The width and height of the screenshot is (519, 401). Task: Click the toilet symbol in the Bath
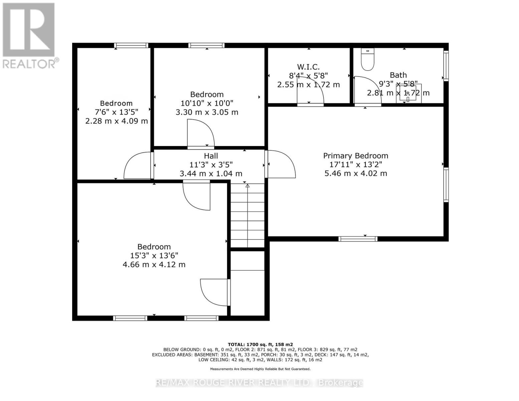[368, 60]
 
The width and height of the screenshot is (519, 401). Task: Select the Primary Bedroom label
[355, 156]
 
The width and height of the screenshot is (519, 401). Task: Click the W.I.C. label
[308, 67]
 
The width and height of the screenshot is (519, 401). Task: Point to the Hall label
[211, 156]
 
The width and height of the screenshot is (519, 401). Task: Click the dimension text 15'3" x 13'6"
[154, 256]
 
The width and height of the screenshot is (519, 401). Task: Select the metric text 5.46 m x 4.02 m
[355, 173]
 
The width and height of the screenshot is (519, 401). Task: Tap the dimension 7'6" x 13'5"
[116, 112]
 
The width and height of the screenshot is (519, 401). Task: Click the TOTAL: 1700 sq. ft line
[260, 344]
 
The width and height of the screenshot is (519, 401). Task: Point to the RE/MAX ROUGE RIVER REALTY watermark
[259, 383]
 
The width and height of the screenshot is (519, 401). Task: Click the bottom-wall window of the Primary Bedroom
[358, 239]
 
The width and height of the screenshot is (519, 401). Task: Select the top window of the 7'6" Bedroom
[131, 45]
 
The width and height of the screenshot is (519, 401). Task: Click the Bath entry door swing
[367, 91]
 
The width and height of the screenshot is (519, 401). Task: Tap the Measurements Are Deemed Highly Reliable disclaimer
[260, 369]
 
